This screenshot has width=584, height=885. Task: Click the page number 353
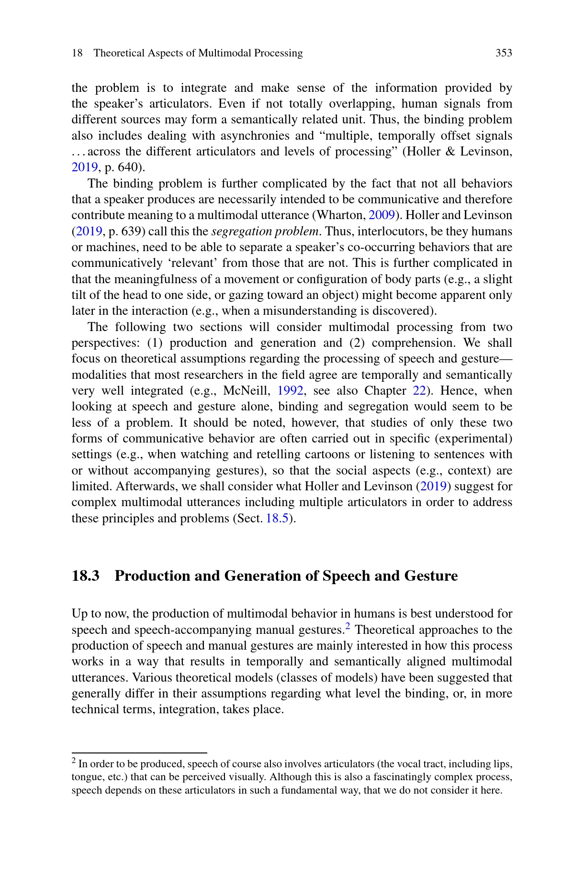click(x=504, y=53)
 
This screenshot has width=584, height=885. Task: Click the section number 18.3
click(x=86, y=575)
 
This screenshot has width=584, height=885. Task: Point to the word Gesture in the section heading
click(x=431, y=575)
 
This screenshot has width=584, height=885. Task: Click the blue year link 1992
click(x=290, y=391)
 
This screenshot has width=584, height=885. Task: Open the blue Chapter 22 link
click(x=419, y=391)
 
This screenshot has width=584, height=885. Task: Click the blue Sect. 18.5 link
click(x=278, y=519)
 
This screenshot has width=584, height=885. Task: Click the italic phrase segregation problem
click(x=265, y=232)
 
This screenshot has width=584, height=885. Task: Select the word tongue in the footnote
click(x=84, y=777)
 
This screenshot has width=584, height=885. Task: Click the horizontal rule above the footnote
click(x=139, y=752)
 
